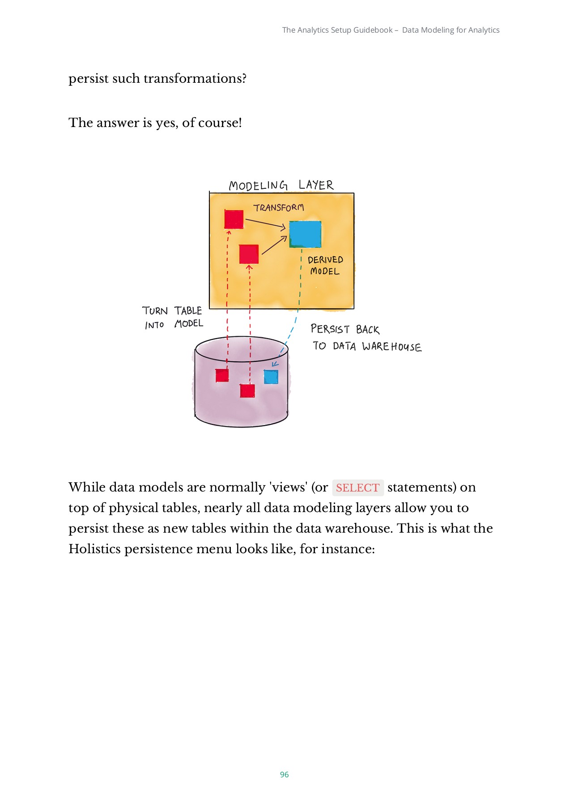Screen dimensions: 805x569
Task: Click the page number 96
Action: tap(284, 775)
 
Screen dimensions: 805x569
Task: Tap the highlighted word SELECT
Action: tap(357, 487)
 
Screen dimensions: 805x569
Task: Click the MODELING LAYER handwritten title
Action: tap(281, 185)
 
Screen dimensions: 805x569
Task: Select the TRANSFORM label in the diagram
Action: tap(279, 208)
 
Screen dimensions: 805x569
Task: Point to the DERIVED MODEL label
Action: tap(325, 266)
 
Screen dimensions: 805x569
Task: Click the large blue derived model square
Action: tap(305, 234)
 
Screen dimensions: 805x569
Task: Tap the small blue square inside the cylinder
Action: tap(271, 377)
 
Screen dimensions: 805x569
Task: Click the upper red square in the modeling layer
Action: tap(234, 219)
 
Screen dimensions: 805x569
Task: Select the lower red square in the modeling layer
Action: tap(249, 254)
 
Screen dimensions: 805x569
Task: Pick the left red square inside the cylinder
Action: tap(222, 375)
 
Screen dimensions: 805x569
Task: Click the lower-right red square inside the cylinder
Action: tap(247, 390)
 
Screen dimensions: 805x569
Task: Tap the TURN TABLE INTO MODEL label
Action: tap(173, 318)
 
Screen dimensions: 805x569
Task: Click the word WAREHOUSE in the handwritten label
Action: tap(391, 347)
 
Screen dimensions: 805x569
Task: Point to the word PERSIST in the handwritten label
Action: tap(330, 329)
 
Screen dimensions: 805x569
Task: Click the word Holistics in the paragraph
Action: tap(94, 549)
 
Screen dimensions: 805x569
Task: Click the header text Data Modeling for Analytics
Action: tap(450, 30)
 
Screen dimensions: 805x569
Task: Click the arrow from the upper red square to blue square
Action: tap(265, 223)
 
